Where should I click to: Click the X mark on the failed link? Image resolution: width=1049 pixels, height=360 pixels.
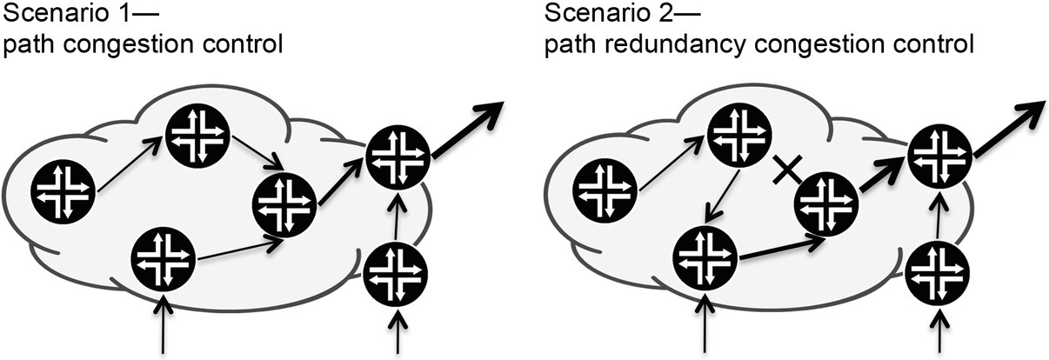(785, 173)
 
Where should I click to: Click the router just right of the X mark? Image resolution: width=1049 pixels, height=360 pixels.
(826, 202)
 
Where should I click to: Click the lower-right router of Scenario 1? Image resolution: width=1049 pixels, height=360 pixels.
(397, 275)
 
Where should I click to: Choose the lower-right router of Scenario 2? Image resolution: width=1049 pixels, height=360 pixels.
(938, 275)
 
